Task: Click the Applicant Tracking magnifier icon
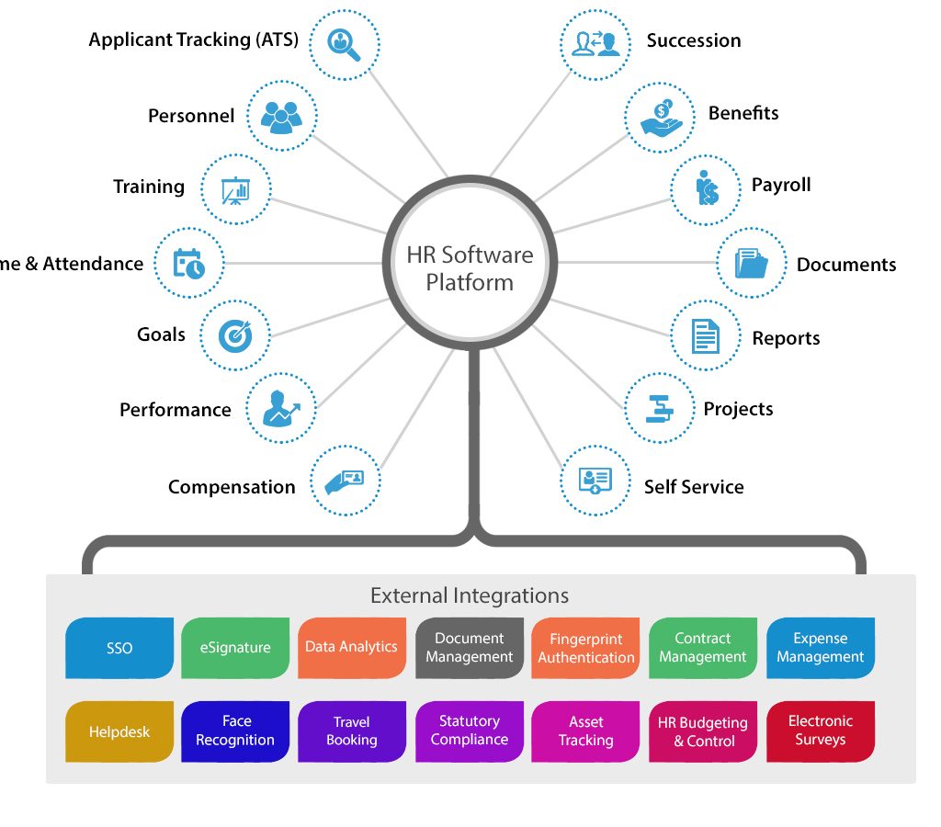click(344, 42)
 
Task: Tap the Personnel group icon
click(281, 116)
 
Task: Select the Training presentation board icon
click(235, 189)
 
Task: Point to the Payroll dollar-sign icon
click(706, 189)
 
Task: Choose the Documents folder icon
click(751, 264)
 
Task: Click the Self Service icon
click(595, 481)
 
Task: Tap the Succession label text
click(693, 40)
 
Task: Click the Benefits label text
click(743, 113)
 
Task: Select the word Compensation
click(232, 487)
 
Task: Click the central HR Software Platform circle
click(470, 267)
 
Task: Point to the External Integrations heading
click(470, 595)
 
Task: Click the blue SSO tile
click(119, 648)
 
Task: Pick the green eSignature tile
click(235, 648)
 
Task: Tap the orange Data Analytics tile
click(351, 648)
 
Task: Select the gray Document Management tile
click(469, 648)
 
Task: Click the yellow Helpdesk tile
click(119, 732)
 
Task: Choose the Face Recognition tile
click(235, 731)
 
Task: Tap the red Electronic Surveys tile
click(820, 731)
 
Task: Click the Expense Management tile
click(820, 648)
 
